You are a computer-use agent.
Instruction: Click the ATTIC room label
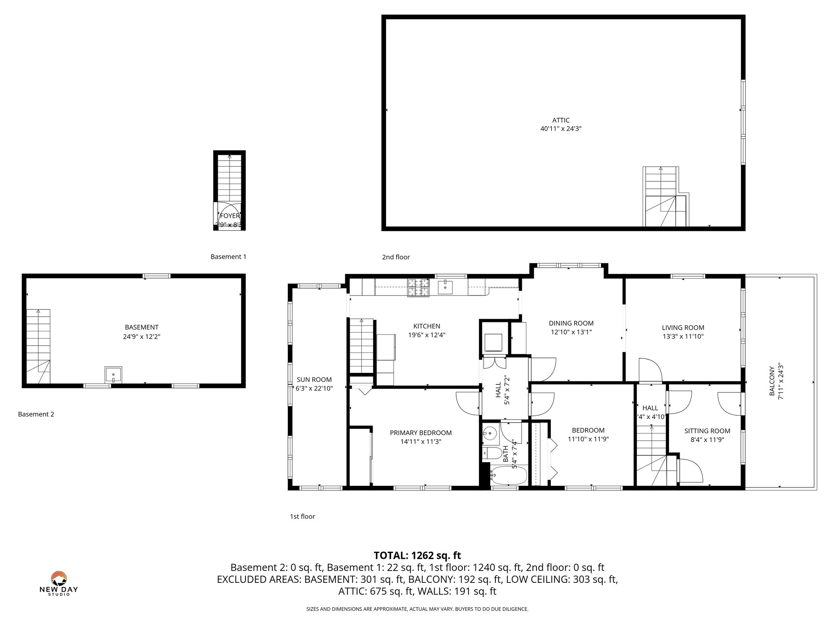click(x=561, y=120)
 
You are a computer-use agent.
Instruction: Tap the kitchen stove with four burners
click(x=418, y=287)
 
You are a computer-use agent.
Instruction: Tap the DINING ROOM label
click(x=571, y=323)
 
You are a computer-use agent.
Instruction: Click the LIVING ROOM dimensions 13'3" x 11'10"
click(x=683, y=337)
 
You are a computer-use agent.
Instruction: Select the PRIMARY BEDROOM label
click(x=420, y=433)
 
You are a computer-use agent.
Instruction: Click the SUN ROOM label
click(x=314, y=379)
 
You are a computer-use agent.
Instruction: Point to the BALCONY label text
click(x=772, y=381)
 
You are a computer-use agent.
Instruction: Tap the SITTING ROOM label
click(x=707, y=431)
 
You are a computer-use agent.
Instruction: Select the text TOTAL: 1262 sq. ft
click(x=417, y=555)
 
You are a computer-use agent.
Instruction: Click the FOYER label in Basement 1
click(x=230, y=216)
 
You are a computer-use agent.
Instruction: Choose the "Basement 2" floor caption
click(x=36, y=414)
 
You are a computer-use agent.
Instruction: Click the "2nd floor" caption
click(x=395, y=257)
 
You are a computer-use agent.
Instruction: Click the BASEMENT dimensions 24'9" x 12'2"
click(x=141, y=337)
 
